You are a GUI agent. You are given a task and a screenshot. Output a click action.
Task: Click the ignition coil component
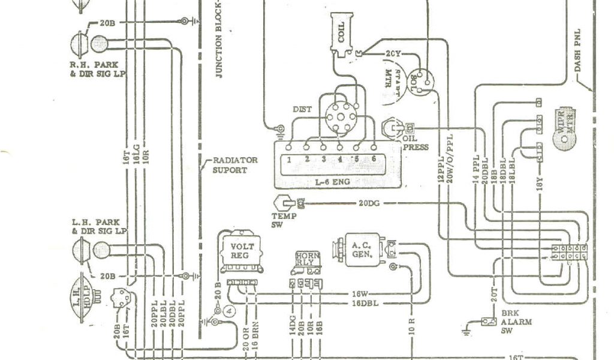(340, 35)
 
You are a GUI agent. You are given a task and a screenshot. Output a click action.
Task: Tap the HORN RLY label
(307, 259)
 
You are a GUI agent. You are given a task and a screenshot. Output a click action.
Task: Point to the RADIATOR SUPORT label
(235, 165)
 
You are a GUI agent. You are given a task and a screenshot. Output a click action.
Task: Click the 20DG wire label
(371, 204)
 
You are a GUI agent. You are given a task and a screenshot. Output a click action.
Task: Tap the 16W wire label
(359, 294)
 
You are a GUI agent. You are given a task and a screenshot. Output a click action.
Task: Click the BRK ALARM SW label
(508, 322)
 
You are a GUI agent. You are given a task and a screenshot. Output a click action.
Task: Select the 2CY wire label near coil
(393, 54)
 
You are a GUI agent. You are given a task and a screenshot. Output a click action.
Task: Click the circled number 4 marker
(227, 310)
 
